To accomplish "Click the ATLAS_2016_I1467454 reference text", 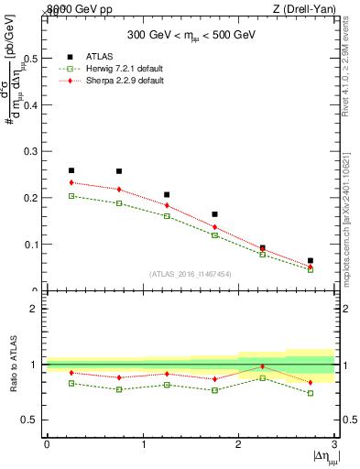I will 191,274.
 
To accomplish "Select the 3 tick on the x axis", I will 335,444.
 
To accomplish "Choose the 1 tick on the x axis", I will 143,444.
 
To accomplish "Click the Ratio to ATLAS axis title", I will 12,365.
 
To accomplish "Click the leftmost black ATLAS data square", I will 71,170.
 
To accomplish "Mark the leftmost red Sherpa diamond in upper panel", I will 71,182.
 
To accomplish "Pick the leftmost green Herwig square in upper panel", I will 71,196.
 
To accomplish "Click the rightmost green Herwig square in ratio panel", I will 311,393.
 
